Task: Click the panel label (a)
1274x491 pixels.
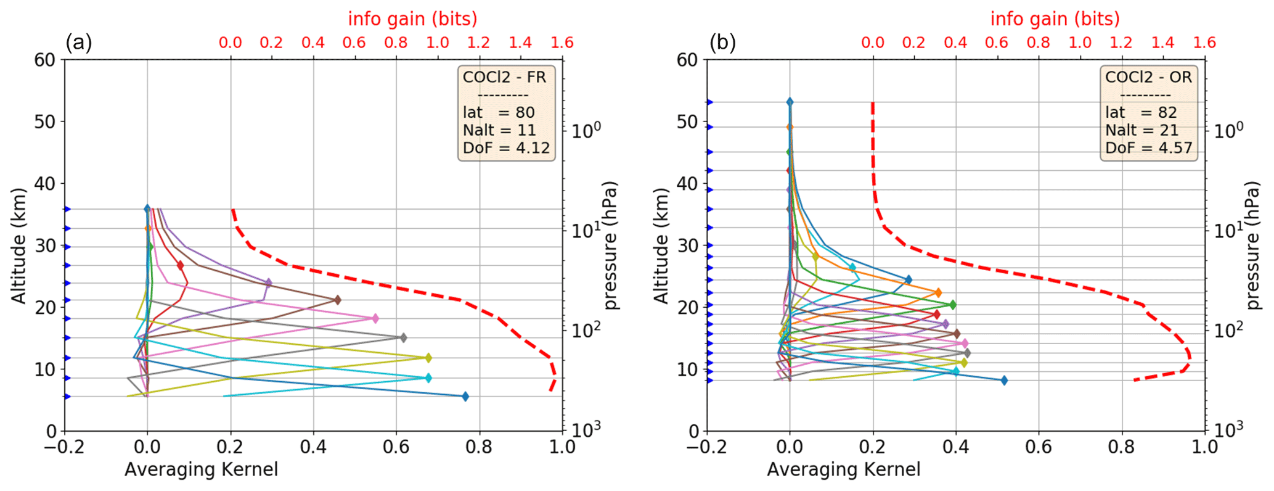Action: click(78, 43)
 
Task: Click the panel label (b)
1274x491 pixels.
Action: click(722, 43)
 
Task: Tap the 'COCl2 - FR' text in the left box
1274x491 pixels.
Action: click(504, 77)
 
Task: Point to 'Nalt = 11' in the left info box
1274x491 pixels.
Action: click(499, 130)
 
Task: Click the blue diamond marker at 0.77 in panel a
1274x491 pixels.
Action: click(465, 397)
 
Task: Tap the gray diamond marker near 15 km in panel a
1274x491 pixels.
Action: click(403, 338)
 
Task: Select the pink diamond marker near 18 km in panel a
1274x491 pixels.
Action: click(375, 319)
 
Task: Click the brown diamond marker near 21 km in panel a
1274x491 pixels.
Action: click(337, 300)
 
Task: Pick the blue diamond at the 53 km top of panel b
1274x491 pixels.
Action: click(790, 102)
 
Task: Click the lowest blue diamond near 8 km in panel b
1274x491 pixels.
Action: click(1004, 381)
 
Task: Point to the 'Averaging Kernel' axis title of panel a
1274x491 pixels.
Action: click(201, 470)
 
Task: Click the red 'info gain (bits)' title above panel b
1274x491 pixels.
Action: click(1055, 19)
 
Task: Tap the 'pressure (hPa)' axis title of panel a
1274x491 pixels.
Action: click(610, 245)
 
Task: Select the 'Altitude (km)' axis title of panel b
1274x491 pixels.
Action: click(661, 245)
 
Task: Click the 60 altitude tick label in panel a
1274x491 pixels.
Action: click(45, 60)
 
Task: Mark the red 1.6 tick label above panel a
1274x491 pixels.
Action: click(561, 43)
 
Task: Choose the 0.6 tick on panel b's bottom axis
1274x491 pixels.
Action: click(1039, 447)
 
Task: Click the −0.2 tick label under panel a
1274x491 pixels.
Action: click(64, 447)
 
